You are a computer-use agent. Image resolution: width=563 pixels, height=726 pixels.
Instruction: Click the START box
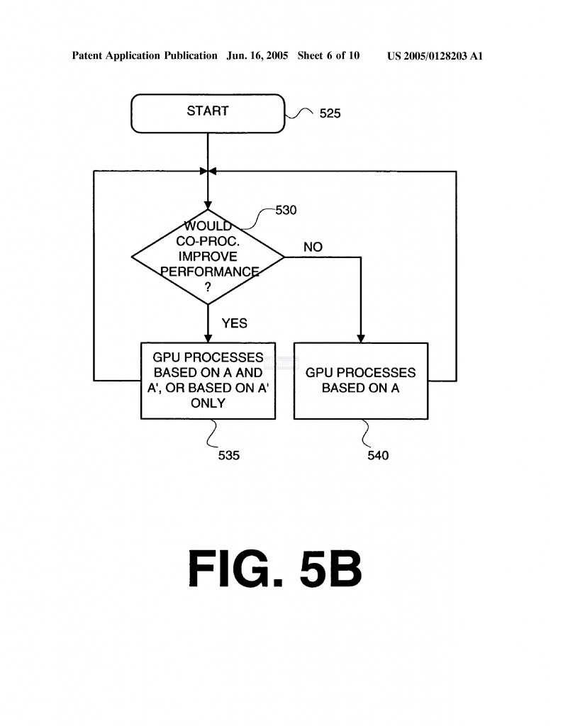(208, 113)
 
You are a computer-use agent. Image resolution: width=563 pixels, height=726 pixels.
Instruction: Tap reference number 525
(330, 113)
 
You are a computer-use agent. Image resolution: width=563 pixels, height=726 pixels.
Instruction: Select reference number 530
(286, 210)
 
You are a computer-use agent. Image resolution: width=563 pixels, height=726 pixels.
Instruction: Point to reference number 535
(229, 456)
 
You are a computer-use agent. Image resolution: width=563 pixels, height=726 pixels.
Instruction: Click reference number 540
(378, 456)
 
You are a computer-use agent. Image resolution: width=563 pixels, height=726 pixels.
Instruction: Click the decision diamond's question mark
(208, 288)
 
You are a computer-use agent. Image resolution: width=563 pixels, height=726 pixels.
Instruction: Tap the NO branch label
(313, 247)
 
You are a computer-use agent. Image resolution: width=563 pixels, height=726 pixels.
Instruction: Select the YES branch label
(234, 323)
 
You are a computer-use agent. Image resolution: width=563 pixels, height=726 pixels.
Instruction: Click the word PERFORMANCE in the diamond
(209, 272)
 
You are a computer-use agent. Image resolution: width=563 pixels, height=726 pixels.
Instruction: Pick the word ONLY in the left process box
(208, 403)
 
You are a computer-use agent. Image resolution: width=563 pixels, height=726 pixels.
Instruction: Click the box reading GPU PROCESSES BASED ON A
(361, 381)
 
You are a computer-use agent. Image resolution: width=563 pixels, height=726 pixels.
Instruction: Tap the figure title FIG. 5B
(274, 568)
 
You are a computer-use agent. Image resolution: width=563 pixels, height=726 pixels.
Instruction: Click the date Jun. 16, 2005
(257, 56)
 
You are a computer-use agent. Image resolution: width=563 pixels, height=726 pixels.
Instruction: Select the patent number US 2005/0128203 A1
(435, 56)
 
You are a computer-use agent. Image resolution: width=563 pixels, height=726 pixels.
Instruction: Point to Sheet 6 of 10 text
(329, 56)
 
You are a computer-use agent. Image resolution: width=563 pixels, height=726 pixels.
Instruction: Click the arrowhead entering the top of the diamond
(208, 206)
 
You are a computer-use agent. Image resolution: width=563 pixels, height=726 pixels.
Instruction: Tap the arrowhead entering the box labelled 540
(361, 339)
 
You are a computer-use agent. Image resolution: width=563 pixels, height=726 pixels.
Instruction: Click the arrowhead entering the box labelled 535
(208, 339)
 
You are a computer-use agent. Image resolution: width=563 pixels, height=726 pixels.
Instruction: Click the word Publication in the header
(191, 56)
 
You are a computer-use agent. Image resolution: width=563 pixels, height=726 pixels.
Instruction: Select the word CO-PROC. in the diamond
(208, 241)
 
